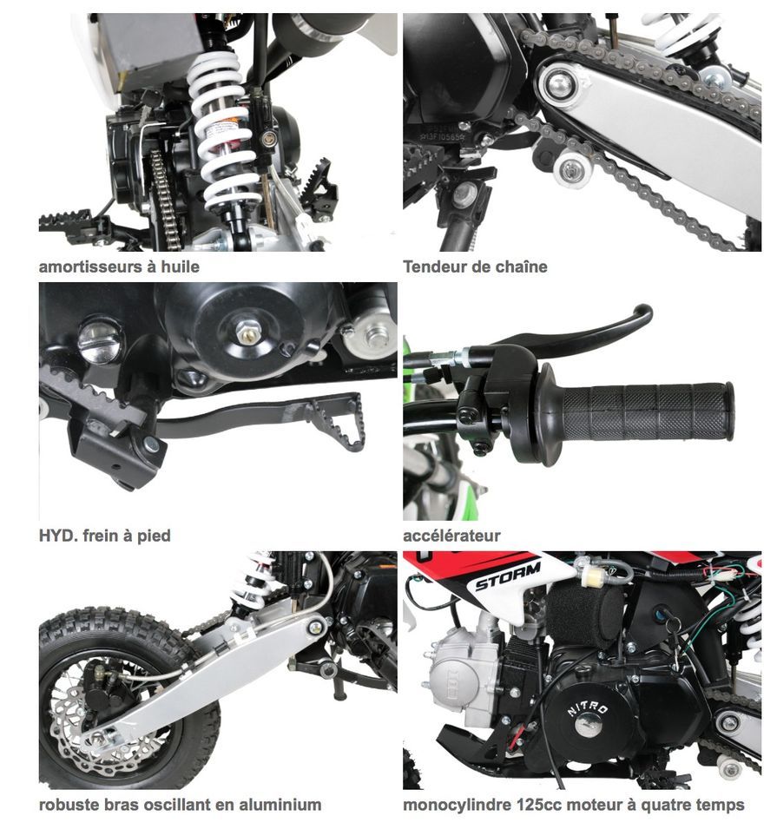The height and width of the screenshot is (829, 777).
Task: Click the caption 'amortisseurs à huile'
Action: [119, 266]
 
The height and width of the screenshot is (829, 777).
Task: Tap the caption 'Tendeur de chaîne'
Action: [475, 266]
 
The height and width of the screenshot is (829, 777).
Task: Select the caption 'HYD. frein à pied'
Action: [105, 536]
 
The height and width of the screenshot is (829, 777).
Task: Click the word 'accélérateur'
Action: [451, 536]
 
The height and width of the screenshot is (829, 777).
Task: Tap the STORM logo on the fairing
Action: [507, 576]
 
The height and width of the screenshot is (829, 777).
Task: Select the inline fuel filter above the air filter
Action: [594, 573]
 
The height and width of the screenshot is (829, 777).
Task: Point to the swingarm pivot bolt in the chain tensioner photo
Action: [558, 82]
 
